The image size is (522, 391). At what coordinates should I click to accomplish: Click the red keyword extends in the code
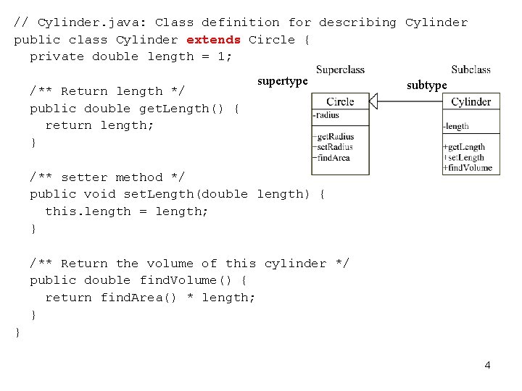coord(213,40)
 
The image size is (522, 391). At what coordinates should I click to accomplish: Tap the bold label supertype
coord(283,81)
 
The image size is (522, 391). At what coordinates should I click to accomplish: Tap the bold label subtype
coord(426,85)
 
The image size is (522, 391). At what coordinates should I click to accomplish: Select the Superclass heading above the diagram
coord(340,70)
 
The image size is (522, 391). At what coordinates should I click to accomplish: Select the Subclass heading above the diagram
coord(471,70)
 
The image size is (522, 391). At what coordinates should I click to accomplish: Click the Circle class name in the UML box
coord(340,101)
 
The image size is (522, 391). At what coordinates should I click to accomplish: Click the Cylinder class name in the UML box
coord(471,102)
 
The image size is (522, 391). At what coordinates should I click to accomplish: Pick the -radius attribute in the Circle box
coord(326,115)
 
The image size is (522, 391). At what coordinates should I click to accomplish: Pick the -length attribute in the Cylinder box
coord(457,126)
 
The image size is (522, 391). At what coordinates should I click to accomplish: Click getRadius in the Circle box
coord(333,136)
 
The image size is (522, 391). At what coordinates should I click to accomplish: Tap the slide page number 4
coord(487,365)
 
